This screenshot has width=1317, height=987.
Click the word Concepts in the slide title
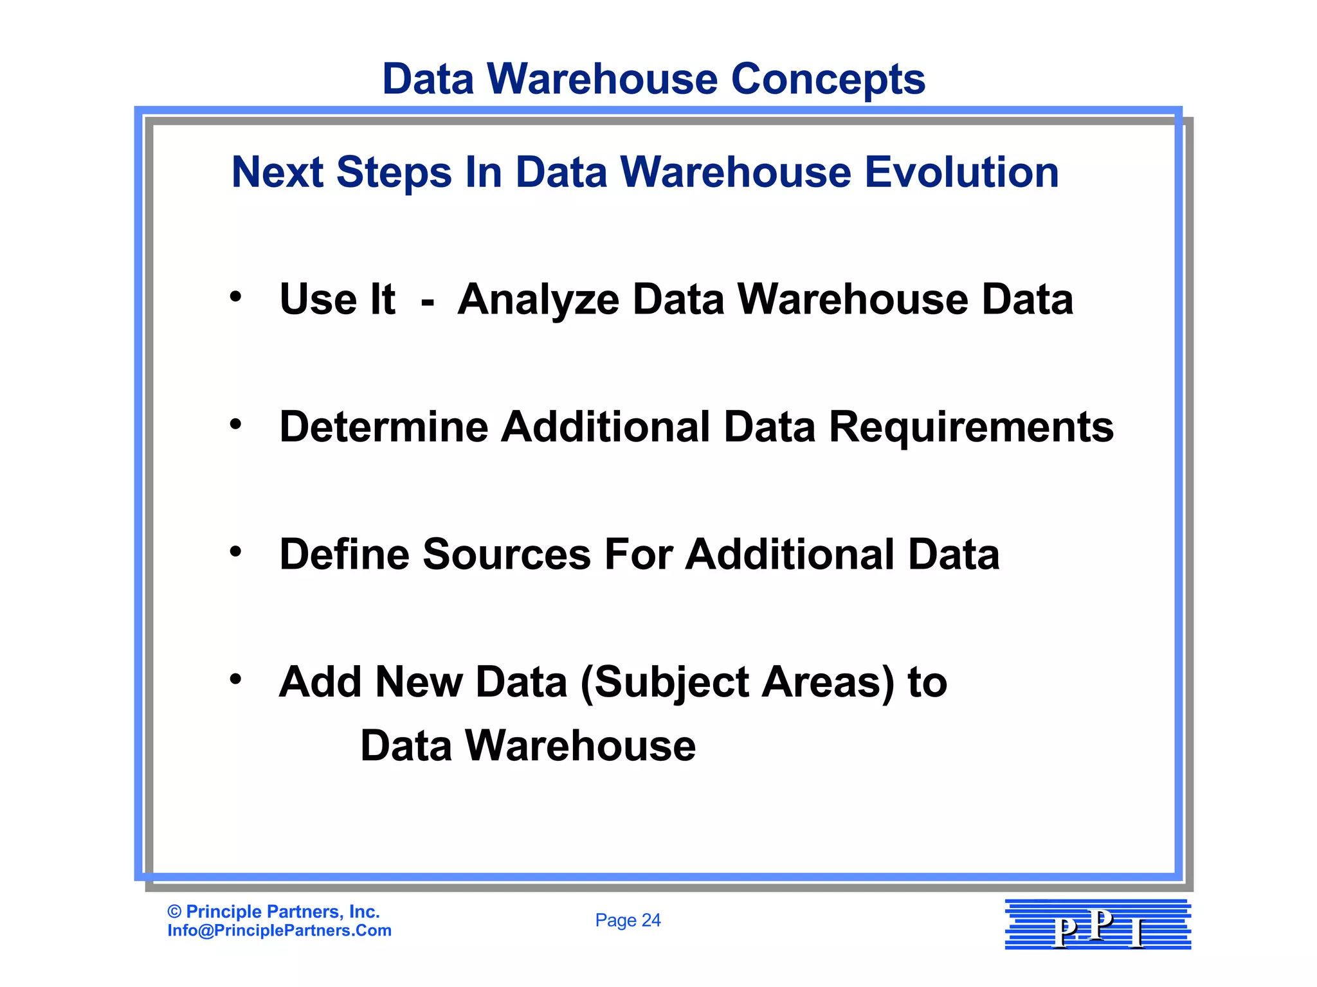(828, 79)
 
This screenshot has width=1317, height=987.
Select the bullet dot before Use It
(236, 297)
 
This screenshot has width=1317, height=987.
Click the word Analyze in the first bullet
(538, 300)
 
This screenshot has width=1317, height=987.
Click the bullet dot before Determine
(236, 424)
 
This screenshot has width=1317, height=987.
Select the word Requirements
(971, 427)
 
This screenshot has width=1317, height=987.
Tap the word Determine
(383, 427)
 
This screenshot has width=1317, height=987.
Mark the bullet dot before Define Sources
(236, 551)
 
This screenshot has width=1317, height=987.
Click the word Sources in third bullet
(506, 554)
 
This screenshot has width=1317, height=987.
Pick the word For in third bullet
(638, 554)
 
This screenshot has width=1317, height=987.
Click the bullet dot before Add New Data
(236, 679)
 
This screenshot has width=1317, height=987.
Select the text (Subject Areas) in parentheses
(737, 682)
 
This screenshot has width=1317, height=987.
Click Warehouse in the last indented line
(580, 745)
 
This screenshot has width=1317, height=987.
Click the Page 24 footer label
(628, 920)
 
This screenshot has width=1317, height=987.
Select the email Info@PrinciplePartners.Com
(279, 930)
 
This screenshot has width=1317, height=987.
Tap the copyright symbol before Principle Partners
(174, 912)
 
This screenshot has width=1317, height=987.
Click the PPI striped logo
(1097, 924)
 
